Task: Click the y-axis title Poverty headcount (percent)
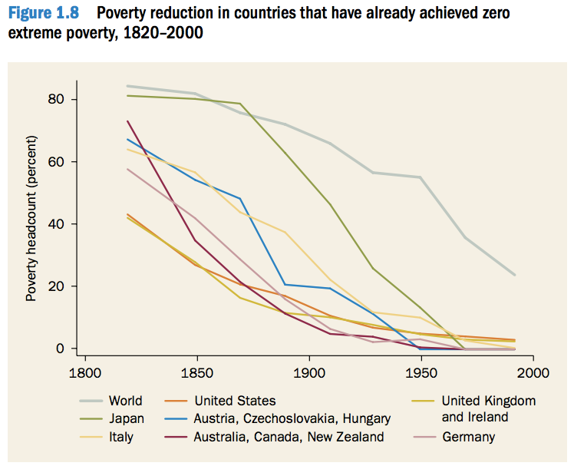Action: click(31, 218)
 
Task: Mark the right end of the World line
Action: click(514, 275)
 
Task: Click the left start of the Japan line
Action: click(127, 96)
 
